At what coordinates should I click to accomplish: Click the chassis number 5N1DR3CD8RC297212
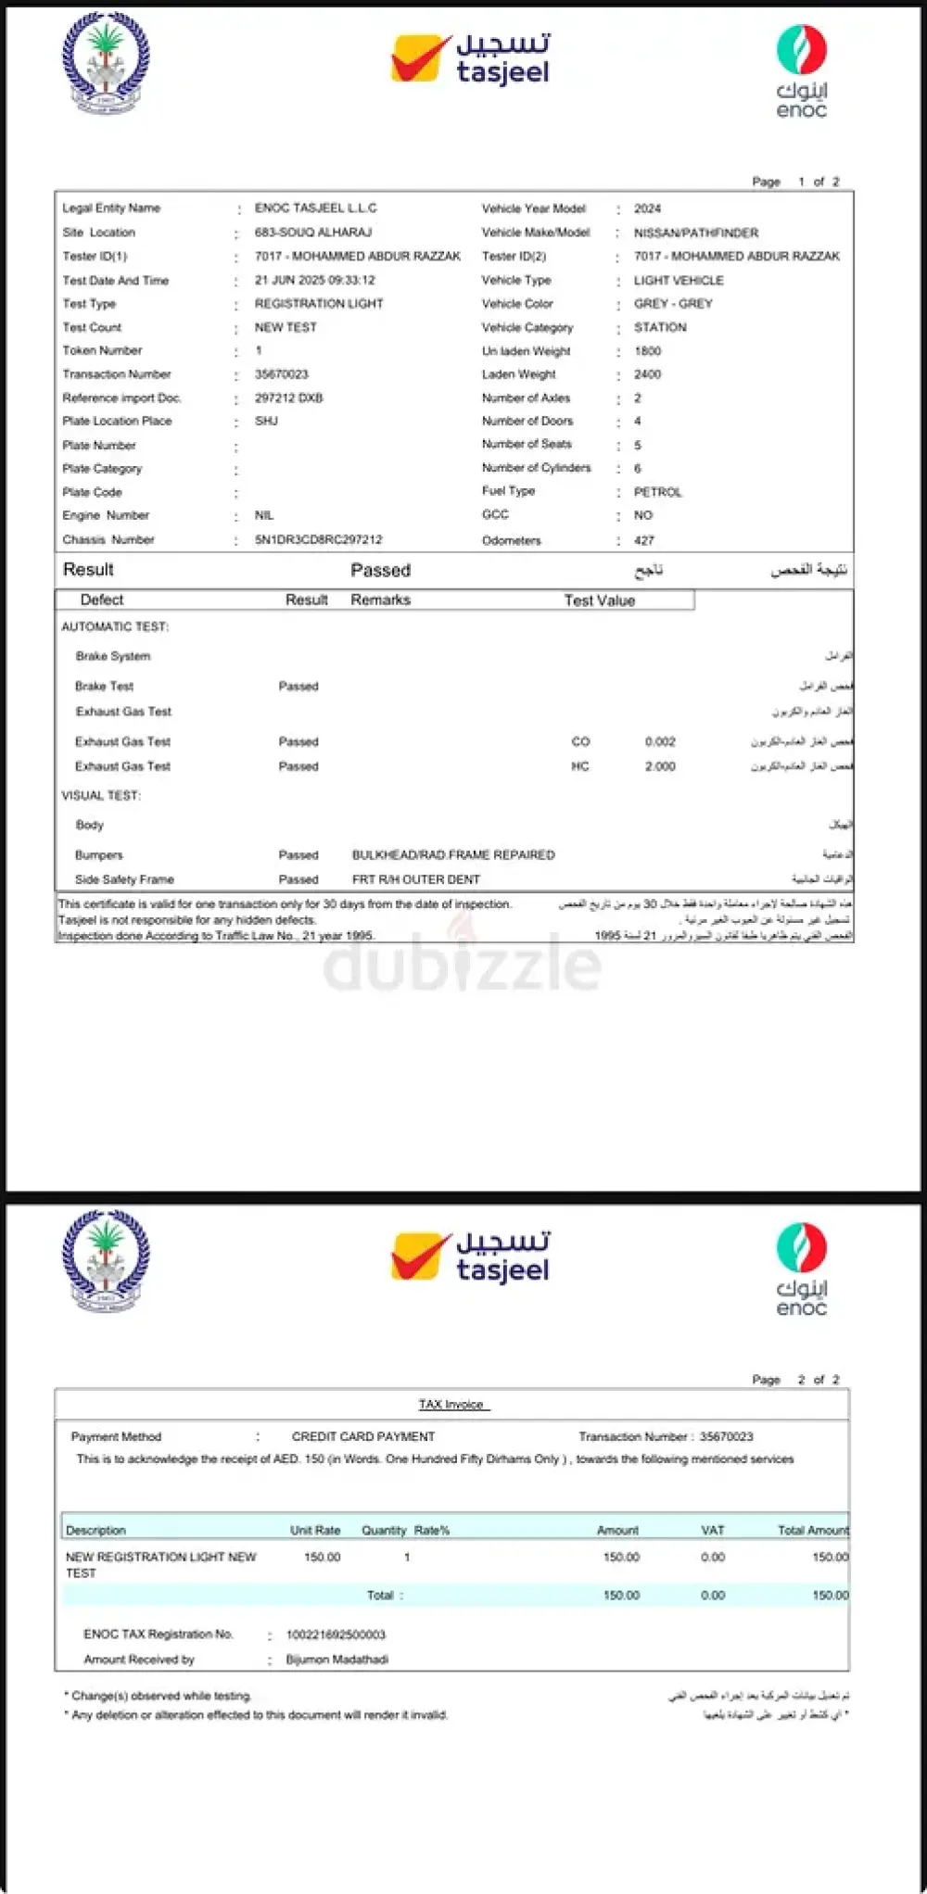(318, 539)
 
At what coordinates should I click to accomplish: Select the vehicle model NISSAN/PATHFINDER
(695, 233)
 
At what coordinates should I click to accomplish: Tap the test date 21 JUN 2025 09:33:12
(314, 280)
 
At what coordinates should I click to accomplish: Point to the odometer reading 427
(644, 540)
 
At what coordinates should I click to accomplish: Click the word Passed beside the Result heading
(380, 570)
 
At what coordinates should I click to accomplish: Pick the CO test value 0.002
(660, 741)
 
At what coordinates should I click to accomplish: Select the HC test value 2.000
(660, 766)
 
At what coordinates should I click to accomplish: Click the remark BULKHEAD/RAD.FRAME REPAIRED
(453, 854)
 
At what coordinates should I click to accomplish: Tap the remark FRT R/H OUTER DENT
(416, 879)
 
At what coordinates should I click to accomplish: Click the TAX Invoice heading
(451, 1404)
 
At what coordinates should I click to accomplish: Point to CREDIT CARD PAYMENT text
(363, 1436)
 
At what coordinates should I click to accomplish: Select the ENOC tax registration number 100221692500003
(336, 1635)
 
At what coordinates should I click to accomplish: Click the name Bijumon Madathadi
(337, 1659)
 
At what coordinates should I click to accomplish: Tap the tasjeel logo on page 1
(470, 59)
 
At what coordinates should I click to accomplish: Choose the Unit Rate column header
(315, 1530)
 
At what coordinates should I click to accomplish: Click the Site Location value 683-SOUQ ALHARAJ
(313, 232)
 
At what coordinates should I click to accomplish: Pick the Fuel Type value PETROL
(657, 492)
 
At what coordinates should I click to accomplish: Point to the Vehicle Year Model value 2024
(647, 208)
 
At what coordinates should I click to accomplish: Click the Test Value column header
(599, 600)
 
